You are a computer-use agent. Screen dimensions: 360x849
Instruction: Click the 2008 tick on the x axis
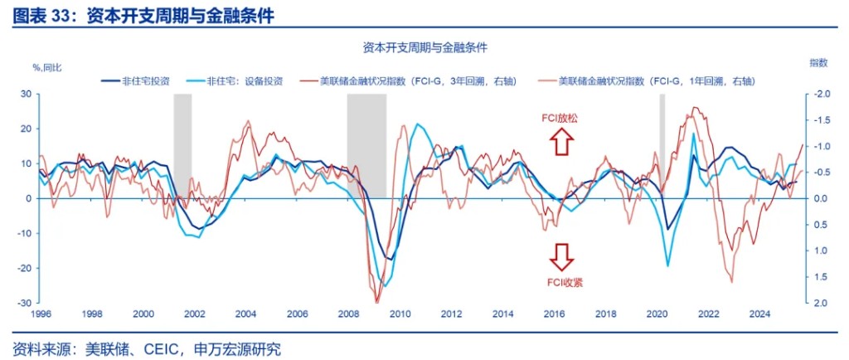point(349,314)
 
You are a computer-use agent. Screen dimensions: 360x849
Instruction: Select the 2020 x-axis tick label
point(656,314)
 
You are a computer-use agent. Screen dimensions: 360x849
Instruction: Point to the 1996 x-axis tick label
point(42,314)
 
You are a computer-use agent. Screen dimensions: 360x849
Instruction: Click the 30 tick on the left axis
point(26,94)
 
